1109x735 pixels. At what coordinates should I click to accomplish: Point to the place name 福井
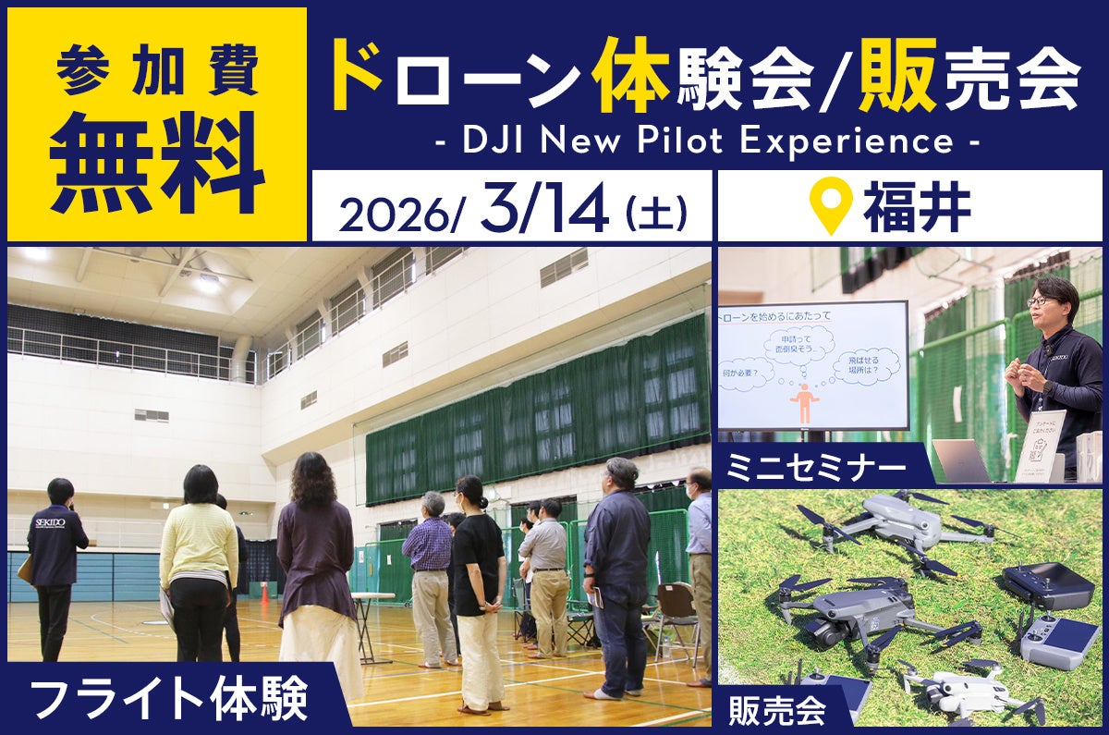click(917, 210)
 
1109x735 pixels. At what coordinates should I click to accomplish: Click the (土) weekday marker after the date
click(655, 213)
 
